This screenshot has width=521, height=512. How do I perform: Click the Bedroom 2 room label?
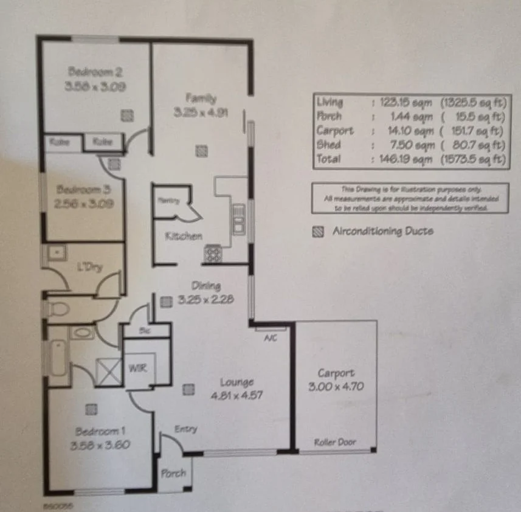(x=96, y=72)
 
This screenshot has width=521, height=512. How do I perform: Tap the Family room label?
(x=201, y=97)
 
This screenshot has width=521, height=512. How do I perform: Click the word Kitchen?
(x=184, y=236)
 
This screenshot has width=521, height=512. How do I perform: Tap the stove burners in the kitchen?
(x=213, y=253)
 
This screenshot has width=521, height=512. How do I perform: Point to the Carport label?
(x=336, y=373)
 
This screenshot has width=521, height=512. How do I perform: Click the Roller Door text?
(x=336, y=442)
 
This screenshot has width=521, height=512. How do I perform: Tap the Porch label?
(x=173, y=474)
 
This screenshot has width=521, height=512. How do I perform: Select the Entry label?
(x=185, y=429)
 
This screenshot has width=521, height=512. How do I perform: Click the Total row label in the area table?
(x=328, y=159)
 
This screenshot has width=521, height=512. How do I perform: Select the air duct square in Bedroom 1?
(x=91, y=408)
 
